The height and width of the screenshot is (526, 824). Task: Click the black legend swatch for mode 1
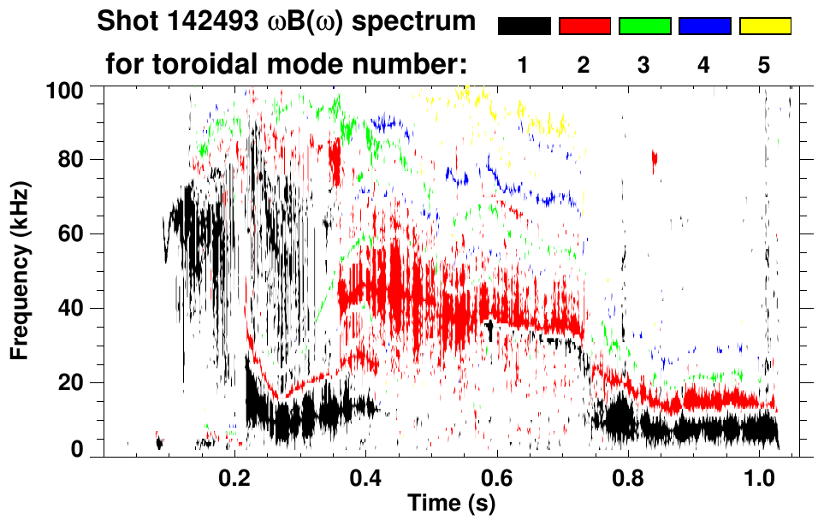click(x=525, y=27)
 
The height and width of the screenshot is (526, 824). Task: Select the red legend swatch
click(x=584, y=27)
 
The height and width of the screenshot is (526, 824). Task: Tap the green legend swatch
click(x=644, y=27)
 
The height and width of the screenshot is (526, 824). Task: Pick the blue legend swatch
click(x=704, y=27)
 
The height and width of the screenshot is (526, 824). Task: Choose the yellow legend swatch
click(x=765, y=27)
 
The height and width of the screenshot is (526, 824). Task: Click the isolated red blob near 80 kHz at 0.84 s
click(x=655, y=157)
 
